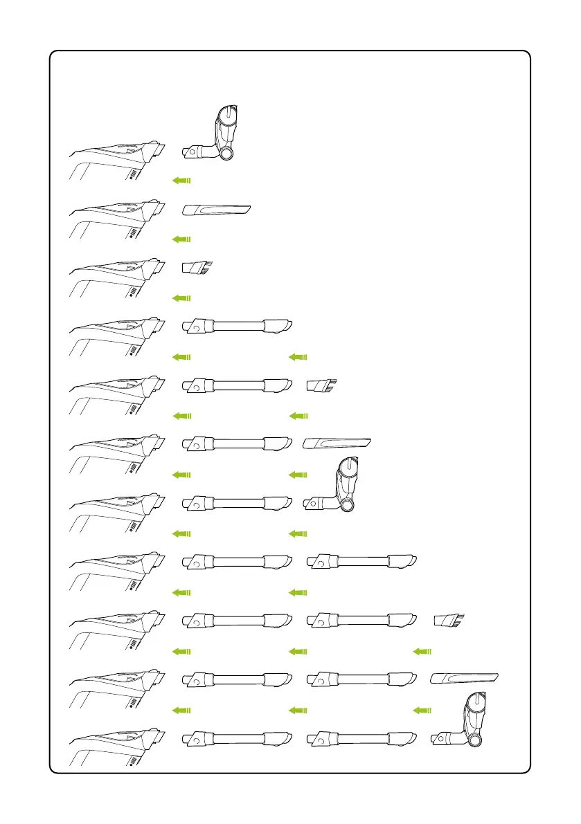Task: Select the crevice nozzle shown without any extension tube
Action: [216, 209]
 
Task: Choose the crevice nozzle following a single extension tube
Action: [337, 443]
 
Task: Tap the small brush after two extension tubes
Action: [448, 620]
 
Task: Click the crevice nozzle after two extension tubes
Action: [464, 678]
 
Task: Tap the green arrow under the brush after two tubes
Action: [422, 651]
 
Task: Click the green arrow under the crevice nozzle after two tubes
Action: [422, 710]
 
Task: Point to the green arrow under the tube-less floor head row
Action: [181, 180]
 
